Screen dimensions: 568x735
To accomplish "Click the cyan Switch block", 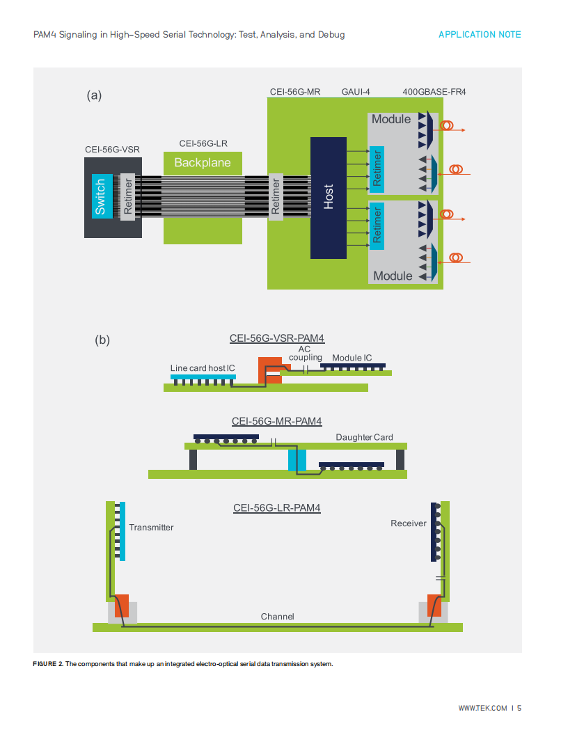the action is pos(102,196).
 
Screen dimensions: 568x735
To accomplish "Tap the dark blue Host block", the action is pos(329,198).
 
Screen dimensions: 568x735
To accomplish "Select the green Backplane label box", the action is pos(203,163).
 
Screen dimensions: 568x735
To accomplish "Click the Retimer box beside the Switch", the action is pos(127,196).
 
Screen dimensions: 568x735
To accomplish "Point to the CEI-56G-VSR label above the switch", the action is pos(113,150).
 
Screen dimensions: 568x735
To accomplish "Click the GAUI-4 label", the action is pos(356,92).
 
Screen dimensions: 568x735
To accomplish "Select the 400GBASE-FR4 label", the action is pos(434,92).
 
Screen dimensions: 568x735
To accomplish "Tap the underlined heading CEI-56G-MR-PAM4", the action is pos(277,421).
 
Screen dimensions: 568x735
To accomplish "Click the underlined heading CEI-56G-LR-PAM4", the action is pos(277,508).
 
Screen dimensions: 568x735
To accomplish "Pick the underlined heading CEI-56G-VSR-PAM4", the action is pos(277,338).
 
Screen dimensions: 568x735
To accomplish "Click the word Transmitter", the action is pos(151,528).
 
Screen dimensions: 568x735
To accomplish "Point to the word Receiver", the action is pos(409,523).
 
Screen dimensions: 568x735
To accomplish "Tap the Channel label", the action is pos(278,617).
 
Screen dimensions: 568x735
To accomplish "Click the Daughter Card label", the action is pos(364,437).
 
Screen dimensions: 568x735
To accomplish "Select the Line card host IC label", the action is pos(203,368).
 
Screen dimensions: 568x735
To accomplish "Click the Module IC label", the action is pos(352,358).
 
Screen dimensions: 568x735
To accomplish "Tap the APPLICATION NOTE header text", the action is pos(480,35).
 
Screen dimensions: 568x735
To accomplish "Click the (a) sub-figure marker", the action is pos(94,95).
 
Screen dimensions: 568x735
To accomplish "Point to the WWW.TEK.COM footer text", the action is pos(482,709).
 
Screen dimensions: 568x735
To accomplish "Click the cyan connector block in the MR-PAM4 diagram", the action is pos(297,460).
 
